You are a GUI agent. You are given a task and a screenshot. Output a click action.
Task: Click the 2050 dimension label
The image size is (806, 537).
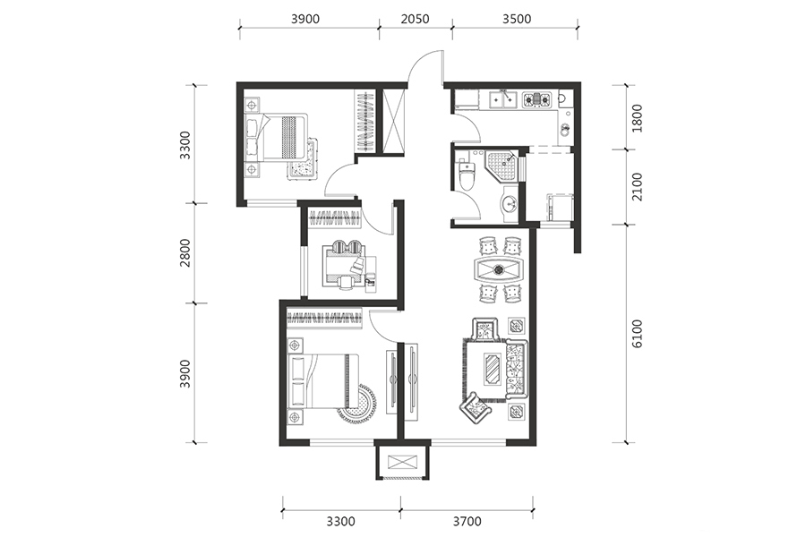pos(415,19)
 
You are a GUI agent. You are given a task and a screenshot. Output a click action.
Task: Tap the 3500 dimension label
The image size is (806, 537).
pos(517,19)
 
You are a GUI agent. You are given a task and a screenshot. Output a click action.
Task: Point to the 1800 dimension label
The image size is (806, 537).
pos(637,118)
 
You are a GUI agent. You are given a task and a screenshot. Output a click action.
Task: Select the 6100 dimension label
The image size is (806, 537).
pos(637,334)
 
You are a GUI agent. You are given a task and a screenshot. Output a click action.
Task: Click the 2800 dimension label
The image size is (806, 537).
pos(185,252)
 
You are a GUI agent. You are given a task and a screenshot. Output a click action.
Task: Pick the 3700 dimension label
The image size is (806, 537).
pos(467,522)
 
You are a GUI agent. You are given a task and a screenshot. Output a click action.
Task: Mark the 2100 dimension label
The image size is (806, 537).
pos(637,187)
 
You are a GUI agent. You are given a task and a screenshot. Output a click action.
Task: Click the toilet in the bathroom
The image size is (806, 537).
pos(467,175)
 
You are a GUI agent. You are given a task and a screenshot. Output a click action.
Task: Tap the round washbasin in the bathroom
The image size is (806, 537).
pos(510,204)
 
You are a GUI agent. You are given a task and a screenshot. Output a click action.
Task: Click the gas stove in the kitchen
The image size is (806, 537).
pos(536,99)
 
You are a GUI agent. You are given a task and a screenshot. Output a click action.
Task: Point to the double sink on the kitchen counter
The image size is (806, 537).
pos(502,99)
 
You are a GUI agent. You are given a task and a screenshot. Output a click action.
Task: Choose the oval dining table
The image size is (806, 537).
pos(499,269)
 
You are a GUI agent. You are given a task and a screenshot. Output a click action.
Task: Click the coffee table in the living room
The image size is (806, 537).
pos(493,369)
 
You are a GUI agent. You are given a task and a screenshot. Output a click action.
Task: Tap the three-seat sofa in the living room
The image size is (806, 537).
pos(517,369)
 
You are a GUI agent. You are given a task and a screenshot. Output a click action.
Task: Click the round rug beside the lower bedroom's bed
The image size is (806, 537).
pos(357,404)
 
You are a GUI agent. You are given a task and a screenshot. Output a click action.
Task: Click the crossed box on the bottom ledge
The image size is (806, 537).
pos(402,462)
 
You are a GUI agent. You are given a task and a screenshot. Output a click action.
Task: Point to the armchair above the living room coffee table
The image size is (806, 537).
pos(485,328)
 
